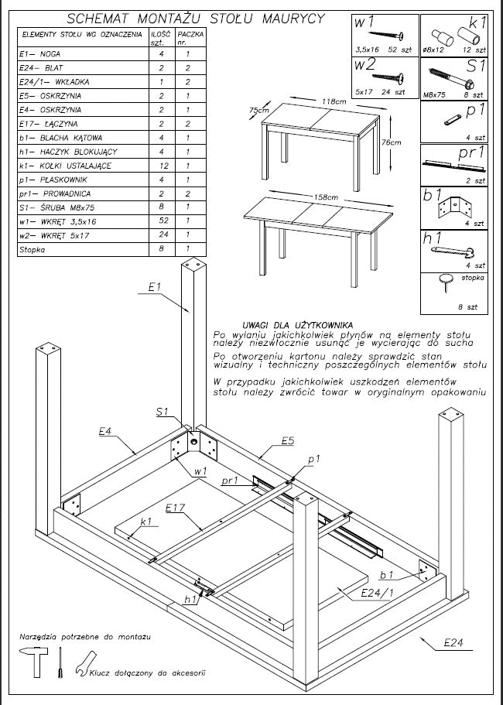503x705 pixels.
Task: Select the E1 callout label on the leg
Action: [x=154, y=288]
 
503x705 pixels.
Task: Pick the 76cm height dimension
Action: [x=393, y=142]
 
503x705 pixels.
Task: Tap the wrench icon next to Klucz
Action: [x=83, y=665]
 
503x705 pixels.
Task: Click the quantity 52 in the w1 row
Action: [x=162, y=221]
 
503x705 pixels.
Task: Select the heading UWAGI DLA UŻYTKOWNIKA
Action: [x=298, y=324]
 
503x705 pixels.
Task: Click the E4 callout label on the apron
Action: [x=106, y=430]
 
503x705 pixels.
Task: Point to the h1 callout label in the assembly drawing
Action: [x=190, y=599]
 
